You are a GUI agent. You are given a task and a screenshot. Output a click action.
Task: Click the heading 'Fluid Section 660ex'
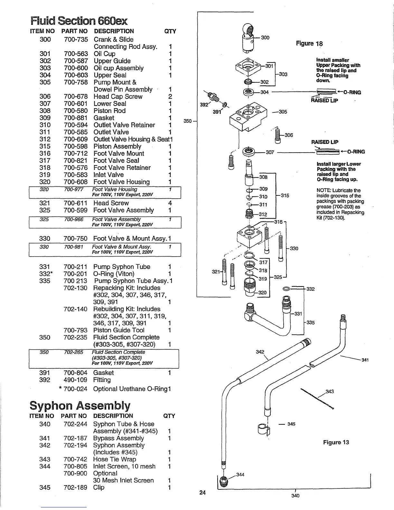79,21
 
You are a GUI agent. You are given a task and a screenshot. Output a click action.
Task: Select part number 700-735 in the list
76,40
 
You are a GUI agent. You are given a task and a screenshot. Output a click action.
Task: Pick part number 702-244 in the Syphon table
75,424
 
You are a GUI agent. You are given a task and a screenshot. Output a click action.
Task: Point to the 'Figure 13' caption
336,442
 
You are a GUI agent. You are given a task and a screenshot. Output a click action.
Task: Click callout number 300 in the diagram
265,38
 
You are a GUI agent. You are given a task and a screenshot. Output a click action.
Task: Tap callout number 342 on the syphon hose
260,352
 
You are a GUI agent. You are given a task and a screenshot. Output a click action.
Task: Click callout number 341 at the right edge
365,360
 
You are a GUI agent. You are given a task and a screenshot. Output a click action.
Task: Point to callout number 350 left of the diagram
188,121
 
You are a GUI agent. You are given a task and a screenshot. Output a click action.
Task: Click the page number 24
202,492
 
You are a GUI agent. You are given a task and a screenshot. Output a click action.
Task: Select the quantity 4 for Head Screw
170,203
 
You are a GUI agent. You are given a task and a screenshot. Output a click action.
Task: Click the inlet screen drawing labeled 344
222,482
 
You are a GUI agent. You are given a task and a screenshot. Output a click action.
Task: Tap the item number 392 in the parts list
45,380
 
